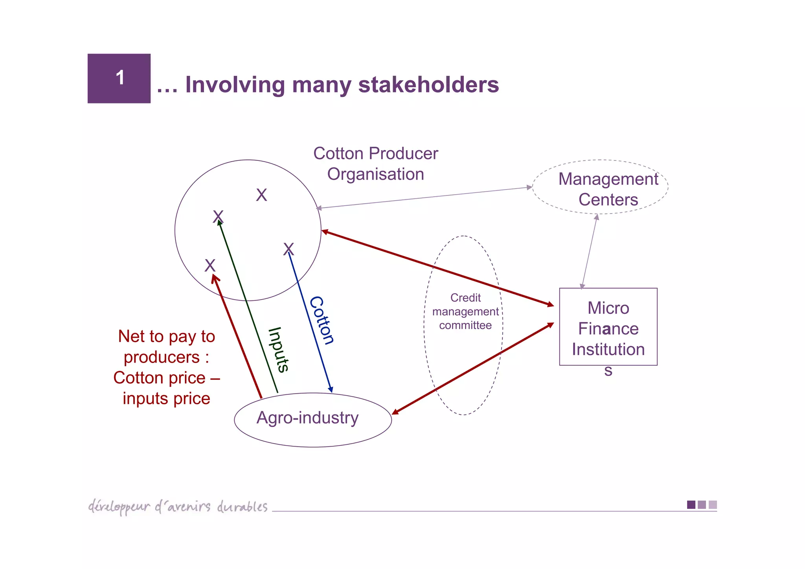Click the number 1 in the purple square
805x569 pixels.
(x=120, y=77)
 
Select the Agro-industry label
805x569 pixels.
(x=307, y=418)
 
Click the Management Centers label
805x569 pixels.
(x=608, y=189)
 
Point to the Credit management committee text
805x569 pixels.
(x=465, y=311)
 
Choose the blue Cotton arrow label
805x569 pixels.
(x=322, y=320)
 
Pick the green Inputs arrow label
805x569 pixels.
(x=279, y=350)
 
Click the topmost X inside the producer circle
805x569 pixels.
(x=261, y=195)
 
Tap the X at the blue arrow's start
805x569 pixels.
(x=289, y=249)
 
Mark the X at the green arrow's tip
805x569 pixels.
(x=218, y=217)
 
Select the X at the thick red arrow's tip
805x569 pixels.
(x=210, y=266)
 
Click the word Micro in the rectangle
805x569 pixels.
(x=608, y=308)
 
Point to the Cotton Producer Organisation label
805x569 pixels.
(x=375, y=164)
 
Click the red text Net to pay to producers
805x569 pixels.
(x=166, y=346)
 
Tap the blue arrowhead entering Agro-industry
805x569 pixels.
(x=331, y=389)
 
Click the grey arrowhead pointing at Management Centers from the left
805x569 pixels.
(x=529, y=188)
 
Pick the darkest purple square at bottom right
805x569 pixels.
(x=691, y=505)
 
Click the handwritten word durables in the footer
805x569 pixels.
(x=242, y=506)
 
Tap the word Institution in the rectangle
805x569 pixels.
(x=608, y=349)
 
